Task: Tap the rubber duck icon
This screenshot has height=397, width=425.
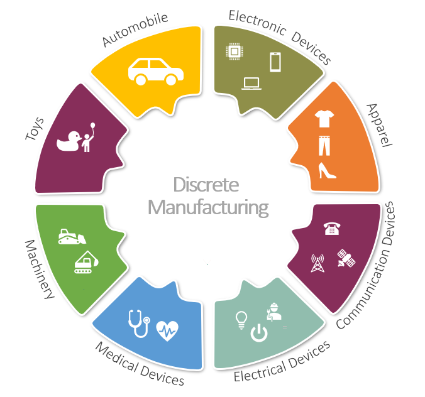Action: pos(67,141)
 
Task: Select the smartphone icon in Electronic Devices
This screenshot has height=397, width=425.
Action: pos(275,62)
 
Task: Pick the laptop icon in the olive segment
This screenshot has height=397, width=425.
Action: pos(251,83)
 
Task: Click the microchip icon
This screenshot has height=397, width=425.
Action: pos(233,53)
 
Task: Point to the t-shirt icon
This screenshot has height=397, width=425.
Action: pos(324,117)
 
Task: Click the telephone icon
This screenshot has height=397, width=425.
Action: pos(331,229)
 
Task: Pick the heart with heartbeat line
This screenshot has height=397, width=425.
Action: pos(167,329)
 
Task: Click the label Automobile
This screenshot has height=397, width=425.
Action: pos(135,30)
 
